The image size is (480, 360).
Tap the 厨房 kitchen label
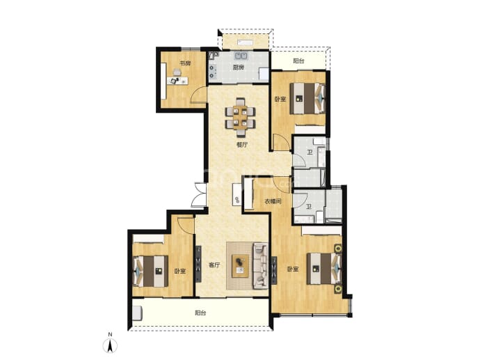[238, 68]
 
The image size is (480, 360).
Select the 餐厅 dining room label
[242, 145]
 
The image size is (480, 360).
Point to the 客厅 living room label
[214, 265]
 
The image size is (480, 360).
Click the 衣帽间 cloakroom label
[273, 201]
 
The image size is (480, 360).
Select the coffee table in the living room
[240, 266]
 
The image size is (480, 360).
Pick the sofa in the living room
[260, 265]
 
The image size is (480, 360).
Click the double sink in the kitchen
[241, 56]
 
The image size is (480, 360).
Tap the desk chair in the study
[177, 72]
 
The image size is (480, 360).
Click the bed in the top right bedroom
[307, 98]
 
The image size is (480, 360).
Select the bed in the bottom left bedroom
[151, 271]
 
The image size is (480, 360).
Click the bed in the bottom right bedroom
[324, 268]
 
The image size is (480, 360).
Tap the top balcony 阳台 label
[298, 61]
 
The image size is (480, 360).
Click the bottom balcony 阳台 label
[200, 313]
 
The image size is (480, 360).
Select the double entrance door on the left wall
[200, 194]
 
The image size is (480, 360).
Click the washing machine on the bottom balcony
[138, 313]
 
